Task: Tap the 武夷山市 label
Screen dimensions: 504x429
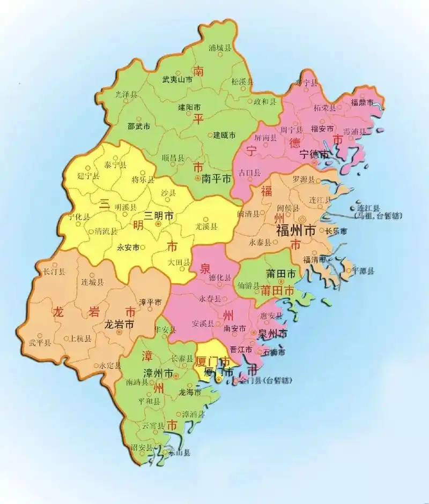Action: point(177,79)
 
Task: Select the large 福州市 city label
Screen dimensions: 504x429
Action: point(295,231)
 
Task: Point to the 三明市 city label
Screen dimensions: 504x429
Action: point(159,217)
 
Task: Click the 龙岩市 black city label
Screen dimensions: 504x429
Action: point(119,325)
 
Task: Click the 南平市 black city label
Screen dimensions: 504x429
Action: point(217,180)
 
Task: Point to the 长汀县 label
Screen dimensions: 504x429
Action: point(54,272)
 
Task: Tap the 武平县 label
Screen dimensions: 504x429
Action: point(40,342)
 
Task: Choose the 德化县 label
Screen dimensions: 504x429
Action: point(220,278)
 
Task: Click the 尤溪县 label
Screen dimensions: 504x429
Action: point(206,227)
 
